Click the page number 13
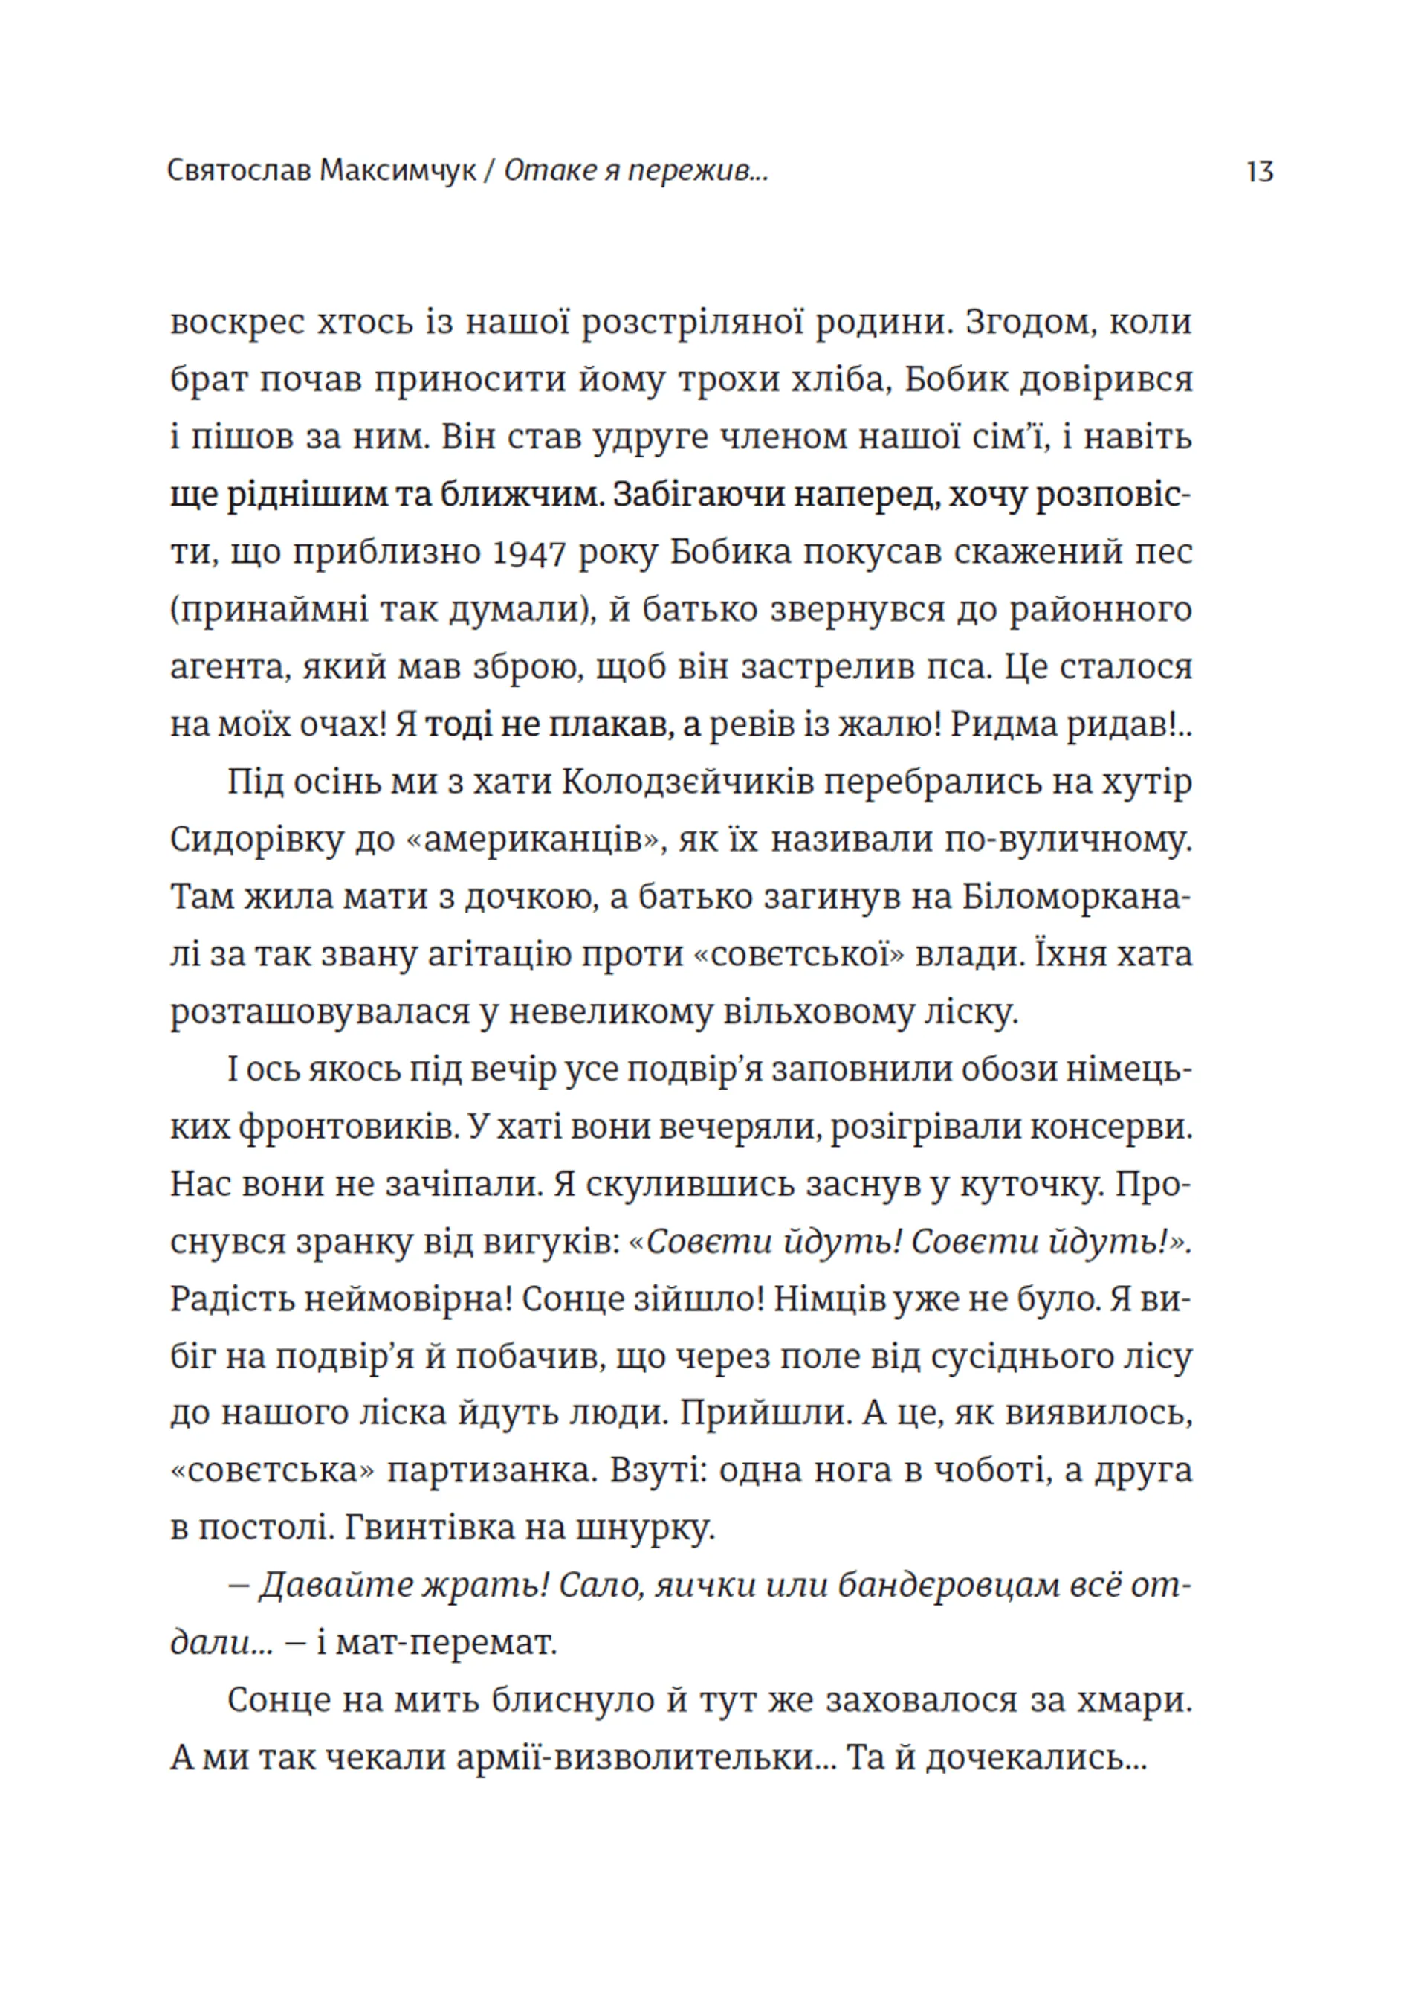click(x=1259, y=170)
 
